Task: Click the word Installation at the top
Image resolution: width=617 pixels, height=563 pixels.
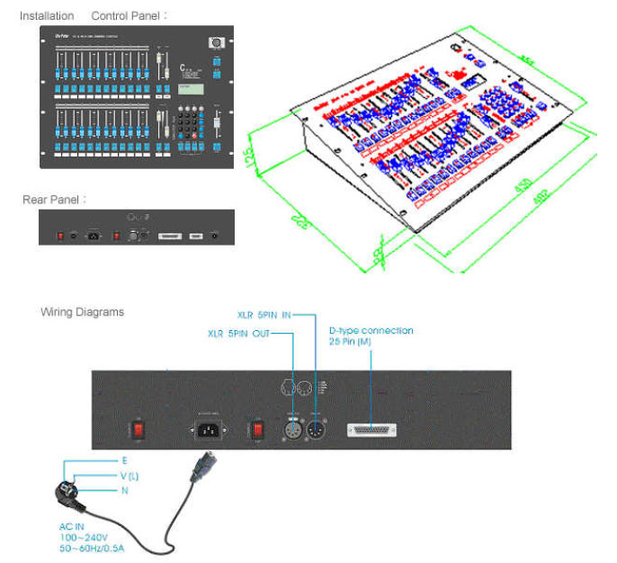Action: pyautogui.click(x=46, y=16)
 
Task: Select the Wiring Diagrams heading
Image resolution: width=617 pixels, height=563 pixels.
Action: pyautogui.click(x=83, y=312)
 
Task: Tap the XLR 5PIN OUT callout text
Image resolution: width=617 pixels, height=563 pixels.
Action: pyautogui.click(x=237, y=334)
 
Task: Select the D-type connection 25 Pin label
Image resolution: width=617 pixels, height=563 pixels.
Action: pyautogui.click(x=371, y=335)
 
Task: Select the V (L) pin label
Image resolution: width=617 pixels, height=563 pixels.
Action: pyautogui.click(x=129, y=475)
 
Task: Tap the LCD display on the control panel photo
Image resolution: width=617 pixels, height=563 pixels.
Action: pyautogui.click(x=190, y=87)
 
